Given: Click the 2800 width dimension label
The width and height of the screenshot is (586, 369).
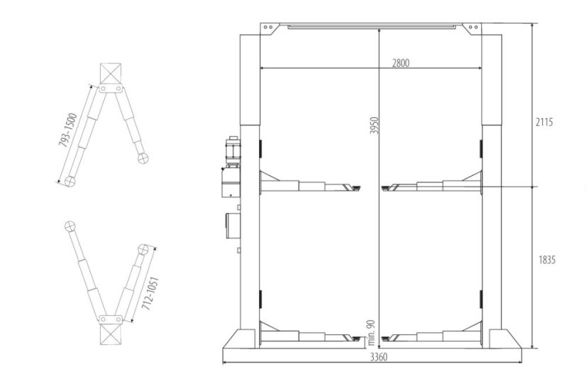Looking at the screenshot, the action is pyautogui.click(x=400, y=63).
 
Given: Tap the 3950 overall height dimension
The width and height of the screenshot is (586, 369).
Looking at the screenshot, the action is pyautogui.click(x=374, y=125).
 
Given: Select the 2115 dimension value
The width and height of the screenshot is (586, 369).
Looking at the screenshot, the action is pyautogui.click(x=543, y=122).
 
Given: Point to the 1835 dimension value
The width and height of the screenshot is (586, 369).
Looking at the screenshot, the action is pyautogui.click(x=547, y=260).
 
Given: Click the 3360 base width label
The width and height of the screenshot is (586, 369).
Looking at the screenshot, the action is pyautogui.click(x=379, y=358).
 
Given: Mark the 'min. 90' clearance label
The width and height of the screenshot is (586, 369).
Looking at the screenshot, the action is pyautogui.click(x=371, y=332).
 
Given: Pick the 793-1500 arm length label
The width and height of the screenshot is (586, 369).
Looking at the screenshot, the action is pyautogui.click(x=67, y=130).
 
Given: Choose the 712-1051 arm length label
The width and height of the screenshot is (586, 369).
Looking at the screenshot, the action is pyautogui.click(x=150, y=294).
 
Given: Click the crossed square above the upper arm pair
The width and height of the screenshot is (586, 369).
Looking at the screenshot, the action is pyautogui.click(x=111, y=73).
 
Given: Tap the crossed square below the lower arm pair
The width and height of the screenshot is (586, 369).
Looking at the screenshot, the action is pyautogui.click(x=111, y=334).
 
